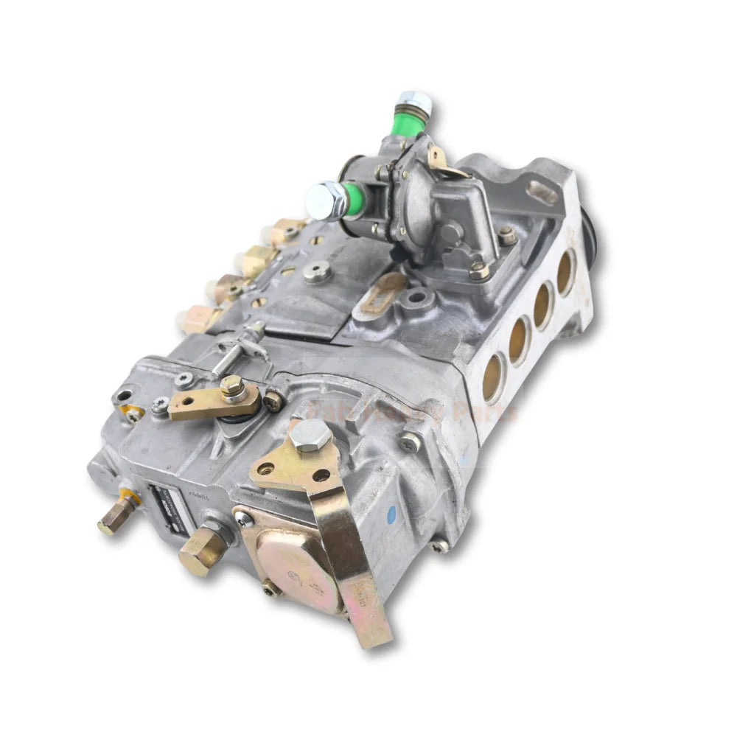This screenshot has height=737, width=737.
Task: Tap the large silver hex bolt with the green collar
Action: click(x=326, y=200)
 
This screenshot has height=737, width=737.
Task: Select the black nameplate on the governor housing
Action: click(x=162, y=506)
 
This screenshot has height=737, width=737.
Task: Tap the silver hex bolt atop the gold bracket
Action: click(x=310, y=436)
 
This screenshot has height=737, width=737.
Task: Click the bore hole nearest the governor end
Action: click(x=493, y=377)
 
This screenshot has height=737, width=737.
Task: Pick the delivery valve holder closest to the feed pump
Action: click(x=287, y=231)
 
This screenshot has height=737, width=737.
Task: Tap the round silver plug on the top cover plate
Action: click(x=316, y=273)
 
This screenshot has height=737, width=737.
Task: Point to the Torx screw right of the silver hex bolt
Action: click(x=410, y=441)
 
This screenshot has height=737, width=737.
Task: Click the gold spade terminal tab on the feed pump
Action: click(x=441, y=158)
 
